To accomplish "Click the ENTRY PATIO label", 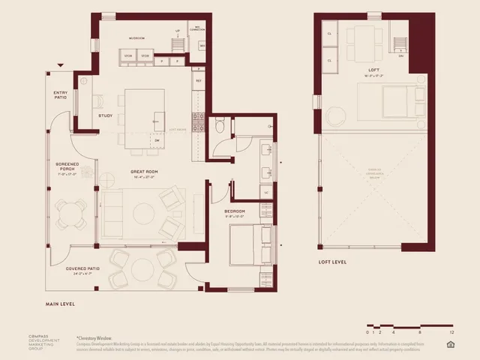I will [x=61, y=95].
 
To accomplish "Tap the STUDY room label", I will [x=106, y=115].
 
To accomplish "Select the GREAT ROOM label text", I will [x=124, y=172].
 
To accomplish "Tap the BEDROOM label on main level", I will [x=235, y=212].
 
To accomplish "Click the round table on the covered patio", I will [x=142, y=268].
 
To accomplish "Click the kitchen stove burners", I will [x=198, y=121].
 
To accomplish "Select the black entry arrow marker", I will [x=61, y=66].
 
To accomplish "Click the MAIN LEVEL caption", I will [x=61, y=304].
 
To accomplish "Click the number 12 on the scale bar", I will [x=451, y=331].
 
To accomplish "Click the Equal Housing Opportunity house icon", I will [x=451, y=344].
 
